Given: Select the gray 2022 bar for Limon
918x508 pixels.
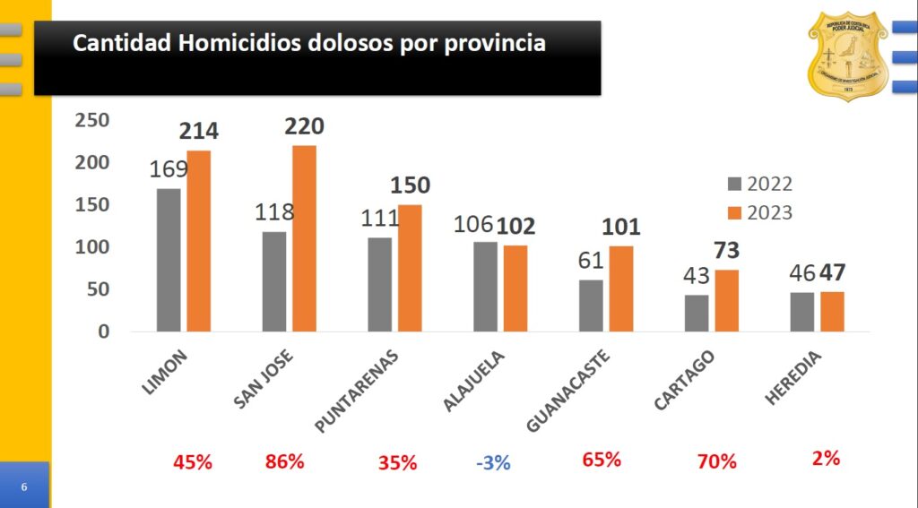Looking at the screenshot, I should (169, 260).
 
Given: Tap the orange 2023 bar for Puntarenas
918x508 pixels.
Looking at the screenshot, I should (410, 268).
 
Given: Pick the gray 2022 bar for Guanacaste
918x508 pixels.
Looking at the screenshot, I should (591, 306).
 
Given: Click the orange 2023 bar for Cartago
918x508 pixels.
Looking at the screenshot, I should (727, 300).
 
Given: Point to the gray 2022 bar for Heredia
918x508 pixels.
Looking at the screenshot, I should (802, 312).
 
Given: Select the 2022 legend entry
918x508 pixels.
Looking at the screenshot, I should (758, 185).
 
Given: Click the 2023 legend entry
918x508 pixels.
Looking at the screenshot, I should (758, 213).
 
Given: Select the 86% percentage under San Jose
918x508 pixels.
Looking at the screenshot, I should (285, 462).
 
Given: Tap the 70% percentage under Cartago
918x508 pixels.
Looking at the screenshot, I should (716, 462).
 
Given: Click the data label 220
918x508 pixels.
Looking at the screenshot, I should (304, 126).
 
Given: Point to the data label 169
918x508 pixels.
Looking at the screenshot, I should (169, 169).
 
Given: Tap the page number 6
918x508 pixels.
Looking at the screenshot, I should (24, 486).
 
